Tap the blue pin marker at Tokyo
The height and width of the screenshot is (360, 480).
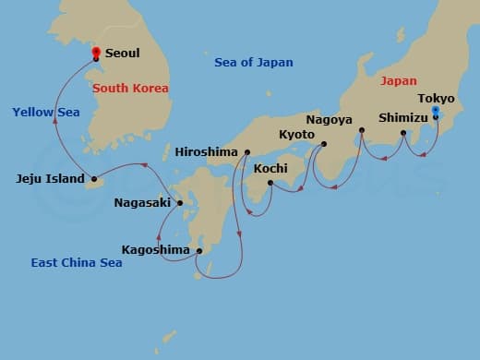tap(435, 111)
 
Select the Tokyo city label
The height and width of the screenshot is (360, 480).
tap(436, 98)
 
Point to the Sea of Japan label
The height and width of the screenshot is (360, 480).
tap(253, 63)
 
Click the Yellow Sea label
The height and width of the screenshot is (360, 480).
tap(46, 112)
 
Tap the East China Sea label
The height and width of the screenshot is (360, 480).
tap(77, 262)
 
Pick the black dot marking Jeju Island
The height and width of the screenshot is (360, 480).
tap(94, 179)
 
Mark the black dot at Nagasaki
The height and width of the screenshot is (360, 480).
tap(179, 203)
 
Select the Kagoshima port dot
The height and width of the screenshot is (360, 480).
tap(199, 250)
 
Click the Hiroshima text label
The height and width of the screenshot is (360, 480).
tap(206, 150)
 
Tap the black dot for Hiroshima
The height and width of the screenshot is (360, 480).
tap(247, 151)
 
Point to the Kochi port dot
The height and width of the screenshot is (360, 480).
tap(270, 183)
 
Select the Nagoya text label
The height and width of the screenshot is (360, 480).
tap(330, 120)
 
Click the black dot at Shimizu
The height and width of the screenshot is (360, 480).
tap(403, 134)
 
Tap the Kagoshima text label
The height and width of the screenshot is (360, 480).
tap(156, 249)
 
